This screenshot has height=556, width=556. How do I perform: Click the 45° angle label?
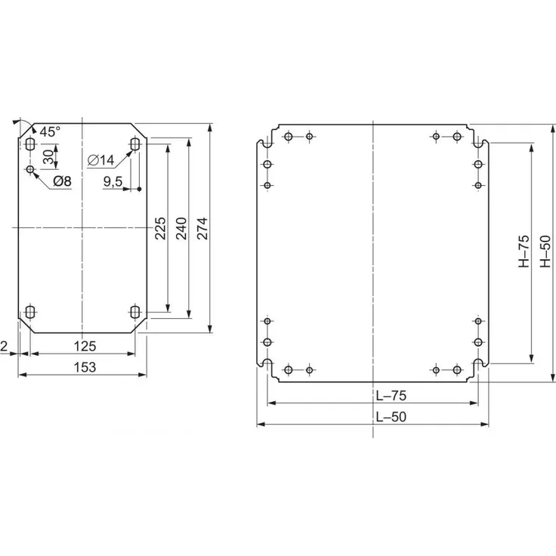point(50,132)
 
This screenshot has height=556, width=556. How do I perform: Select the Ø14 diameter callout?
point(100,159)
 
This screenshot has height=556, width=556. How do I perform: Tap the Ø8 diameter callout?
point(63,181)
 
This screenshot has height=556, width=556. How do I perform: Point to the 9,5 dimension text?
point(114,181)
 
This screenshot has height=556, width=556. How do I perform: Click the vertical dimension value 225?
point(160,229)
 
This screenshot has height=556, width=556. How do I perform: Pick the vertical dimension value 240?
point(181,229)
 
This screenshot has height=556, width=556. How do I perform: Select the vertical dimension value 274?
point(202,229)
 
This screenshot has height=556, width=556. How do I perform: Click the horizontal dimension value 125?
point(85,346)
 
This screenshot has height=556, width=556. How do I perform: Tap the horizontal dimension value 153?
point(85,367)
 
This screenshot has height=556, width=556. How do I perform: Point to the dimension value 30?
point(48,157)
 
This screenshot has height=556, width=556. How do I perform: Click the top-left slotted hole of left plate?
point(30,144)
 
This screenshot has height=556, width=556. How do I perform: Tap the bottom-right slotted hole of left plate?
point(135,311)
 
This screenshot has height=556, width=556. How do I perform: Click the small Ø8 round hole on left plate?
point(30,169)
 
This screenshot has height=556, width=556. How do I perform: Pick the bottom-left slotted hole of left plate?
point(30,311)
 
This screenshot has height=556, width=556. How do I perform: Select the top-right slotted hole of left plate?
point(135,144)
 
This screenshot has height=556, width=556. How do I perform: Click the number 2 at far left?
point(5,346)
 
